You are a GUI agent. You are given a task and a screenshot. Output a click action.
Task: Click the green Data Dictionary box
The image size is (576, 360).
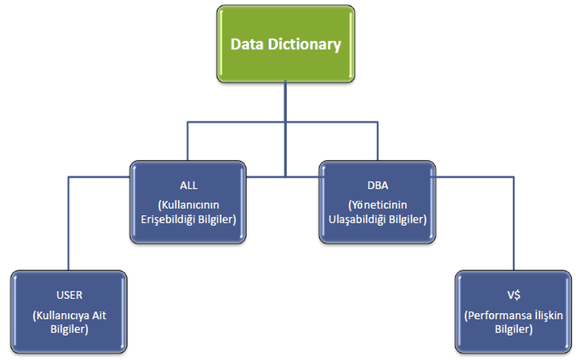click(x=286, y=44)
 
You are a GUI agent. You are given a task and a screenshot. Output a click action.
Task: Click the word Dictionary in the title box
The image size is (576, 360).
click(x=304, y=45)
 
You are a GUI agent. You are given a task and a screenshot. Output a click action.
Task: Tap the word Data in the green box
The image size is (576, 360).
click(x=247, y=44)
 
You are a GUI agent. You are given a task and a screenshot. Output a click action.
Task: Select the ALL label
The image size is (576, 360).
click(x=188, y=186)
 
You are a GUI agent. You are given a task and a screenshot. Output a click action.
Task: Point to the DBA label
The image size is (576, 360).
click(x=377, y=186)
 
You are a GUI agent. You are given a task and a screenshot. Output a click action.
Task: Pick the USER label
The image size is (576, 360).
click(x=70, y=295)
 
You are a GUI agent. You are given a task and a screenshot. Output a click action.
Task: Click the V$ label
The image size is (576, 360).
click(x=513, y=295)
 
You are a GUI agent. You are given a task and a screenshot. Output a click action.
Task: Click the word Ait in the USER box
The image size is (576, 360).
click(x=99, y=315)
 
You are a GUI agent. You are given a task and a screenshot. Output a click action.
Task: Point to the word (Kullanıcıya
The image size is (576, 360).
click(x=61, y=315)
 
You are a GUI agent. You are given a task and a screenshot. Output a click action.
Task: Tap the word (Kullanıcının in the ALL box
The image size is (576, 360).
click(x=188, y=205)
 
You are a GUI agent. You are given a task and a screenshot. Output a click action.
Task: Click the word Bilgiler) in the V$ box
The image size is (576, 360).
click(x=513, y=329)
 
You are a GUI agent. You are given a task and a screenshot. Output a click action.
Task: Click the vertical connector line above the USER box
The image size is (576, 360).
click(x=68, y=223)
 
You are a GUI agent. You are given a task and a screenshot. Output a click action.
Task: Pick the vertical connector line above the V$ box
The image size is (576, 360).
click(x=513, y=223)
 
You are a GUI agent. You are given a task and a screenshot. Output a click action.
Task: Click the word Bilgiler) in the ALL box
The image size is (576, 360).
click(x=217, y=219)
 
